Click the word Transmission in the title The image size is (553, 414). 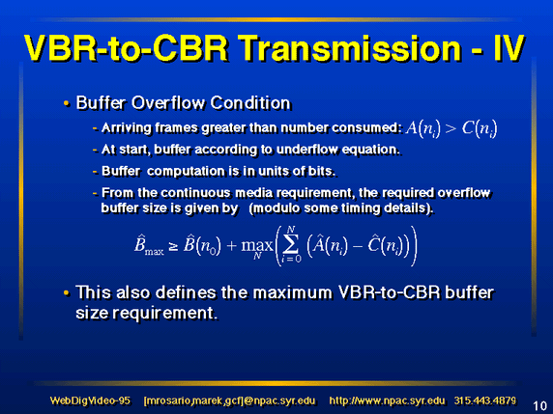(x=351, y=48)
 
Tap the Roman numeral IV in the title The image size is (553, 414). (x=509, y=48)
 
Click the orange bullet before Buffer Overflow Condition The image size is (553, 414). (x=67, y=103)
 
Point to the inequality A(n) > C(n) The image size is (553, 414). (x=451, y=128)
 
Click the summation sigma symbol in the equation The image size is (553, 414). (x=291, y=245)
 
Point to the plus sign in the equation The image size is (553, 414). (x=231, y=245)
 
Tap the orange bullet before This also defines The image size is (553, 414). (x=67, y=293)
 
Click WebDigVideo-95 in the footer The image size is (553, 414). (x=90, y=400)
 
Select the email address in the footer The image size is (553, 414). (x=229, y=401)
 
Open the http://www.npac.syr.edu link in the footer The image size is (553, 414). (x=387, y=401)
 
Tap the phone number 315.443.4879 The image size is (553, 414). (x=485, y=400)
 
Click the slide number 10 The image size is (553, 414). (x=539, y=405)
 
